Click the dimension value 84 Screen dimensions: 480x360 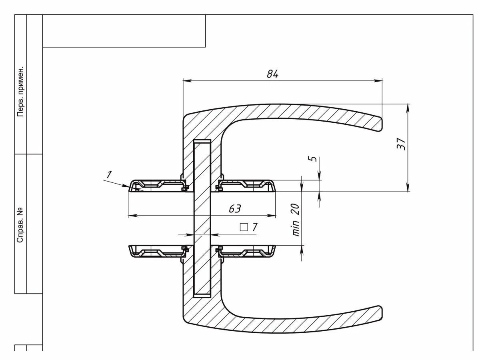(272, 74)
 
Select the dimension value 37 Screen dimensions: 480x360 (401, 144)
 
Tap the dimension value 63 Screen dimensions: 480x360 (235, 209)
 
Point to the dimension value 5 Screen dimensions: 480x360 (313, 159)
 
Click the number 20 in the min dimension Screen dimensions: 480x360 (295, 209)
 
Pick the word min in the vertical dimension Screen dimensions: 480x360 (296, 228)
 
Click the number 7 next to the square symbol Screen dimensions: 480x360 (255, 227)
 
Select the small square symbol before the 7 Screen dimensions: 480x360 (244, 227)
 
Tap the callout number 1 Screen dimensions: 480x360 (109, 174)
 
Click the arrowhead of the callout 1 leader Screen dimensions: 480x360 (133, 187)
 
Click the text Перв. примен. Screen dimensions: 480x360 (20, 92)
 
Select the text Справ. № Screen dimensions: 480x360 (20, 224)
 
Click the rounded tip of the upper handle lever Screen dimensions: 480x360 (382, 125)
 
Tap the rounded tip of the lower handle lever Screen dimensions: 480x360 (382, 312)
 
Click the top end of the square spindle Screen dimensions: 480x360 (202, 140)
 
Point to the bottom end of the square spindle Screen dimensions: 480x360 (202, 297)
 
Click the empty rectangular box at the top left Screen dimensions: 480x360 (124, 31)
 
